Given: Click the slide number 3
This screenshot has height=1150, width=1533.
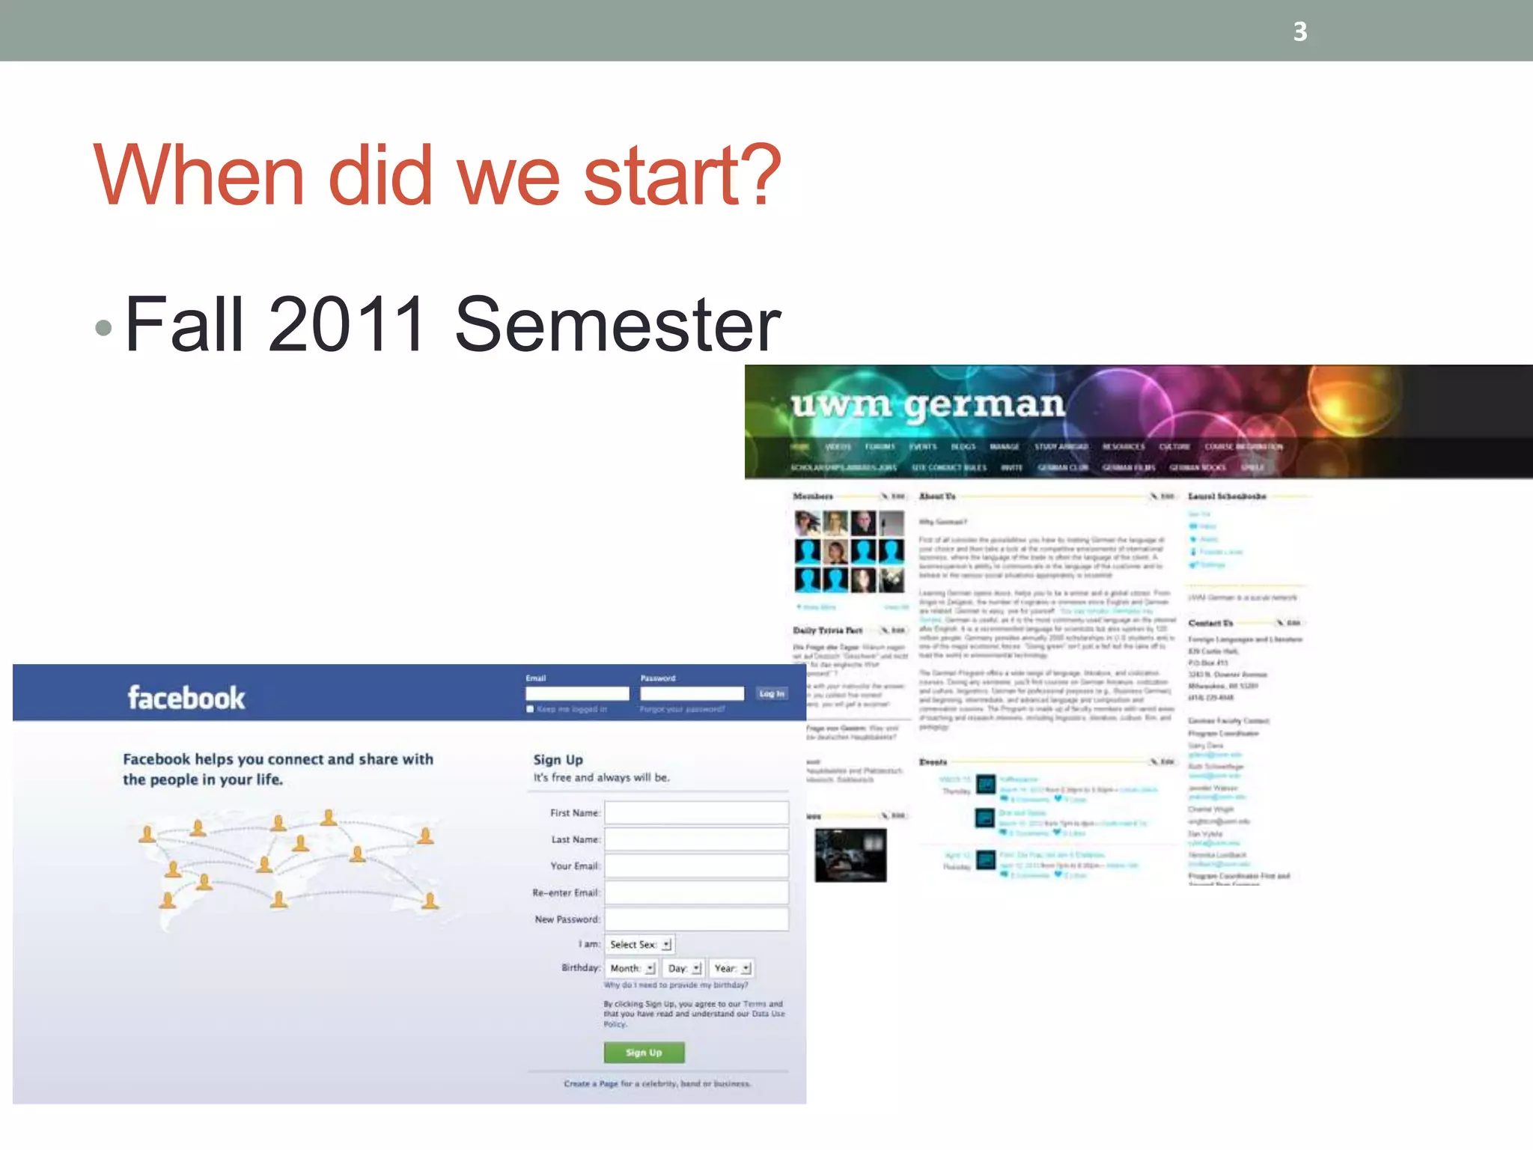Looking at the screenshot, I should click(x=1300, y=31).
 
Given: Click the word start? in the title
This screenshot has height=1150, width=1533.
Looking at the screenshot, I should click(x=681, y=177).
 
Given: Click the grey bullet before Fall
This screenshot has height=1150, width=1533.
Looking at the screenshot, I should click(x=104, y=327).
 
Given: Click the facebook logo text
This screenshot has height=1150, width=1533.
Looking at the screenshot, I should click(x=186, y=698).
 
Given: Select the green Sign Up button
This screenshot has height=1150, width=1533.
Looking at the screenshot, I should click(x=644, y=1053).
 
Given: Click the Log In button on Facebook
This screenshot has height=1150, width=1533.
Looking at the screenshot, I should click(x=771, y=694).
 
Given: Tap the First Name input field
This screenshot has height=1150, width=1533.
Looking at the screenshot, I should click(x=696, y=813).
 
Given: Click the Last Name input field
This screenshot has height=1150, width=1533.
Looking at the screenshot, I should click(x=696, y=839).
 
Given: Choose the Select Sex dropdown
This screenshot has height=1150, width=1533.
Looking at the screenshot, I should click(x=640, y=945).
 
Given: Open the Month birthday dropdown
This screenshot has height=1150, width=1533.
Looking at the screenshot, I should click(x=632, y=968).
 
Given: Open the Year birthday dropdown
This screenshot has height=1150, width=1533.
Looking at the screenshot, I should click(x=731, y=968).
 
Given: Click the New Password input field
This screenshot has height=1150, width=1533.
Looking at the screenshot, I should click(x=696, y=919).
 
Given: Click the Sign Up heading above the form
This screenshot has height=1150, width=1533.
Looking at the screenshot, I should click(x=558, y=760).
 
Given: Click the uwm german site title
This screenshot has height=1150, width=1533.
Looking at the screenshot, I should click(x=928, y=405).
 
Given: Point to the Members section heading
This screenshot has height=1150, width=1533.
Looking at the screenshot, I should click(x=813, y=496).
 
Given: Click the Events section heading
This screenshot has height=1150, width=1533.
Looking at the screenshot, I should click(x=933, y=762).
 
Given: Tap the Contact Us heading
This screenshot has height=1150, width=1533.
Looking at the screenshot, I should click(x=1210, y=623).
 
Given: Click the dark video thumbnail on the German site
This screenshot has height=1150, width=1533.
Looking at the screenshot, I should click(x=850, y=854).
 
